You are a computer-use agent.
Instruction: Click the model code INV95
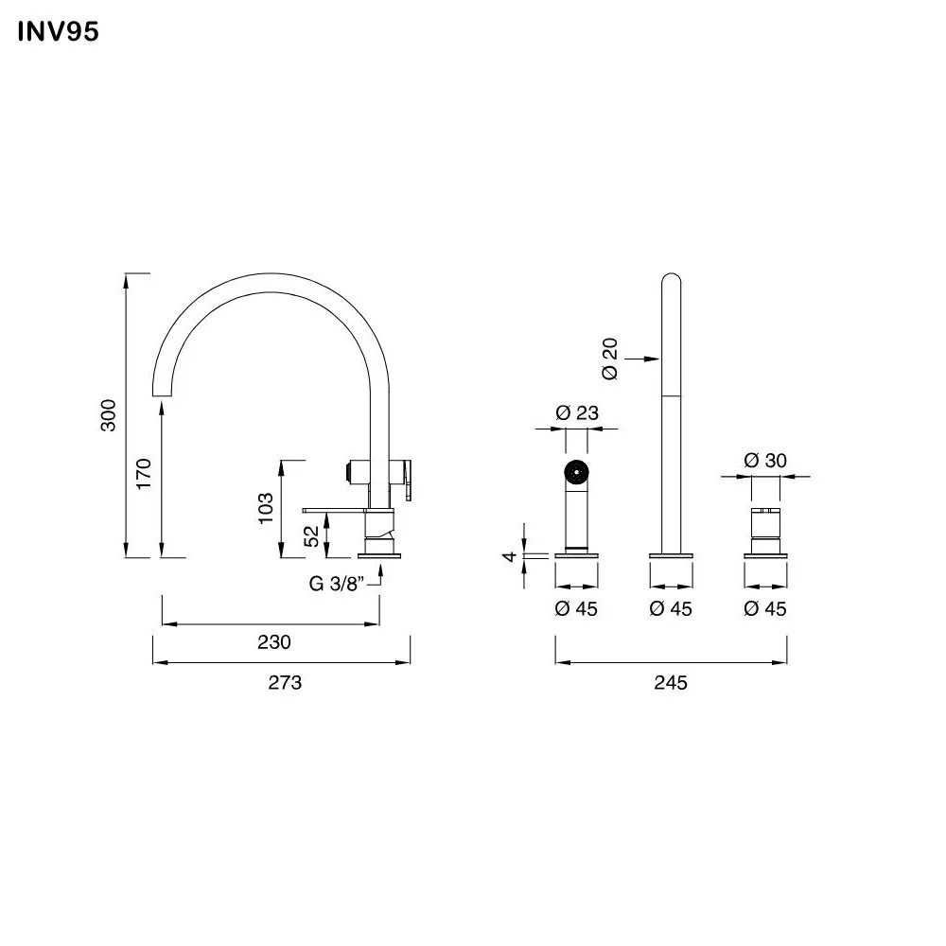(58, 32)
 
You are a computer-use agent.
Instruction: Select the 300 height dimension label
(110, 415)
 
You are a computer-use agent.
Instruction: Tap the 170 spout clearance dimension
(145, 473)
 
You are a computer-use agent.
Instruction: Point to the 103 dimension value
(266, 508)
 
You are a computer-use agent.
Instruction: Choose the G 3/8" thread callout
(338, 584)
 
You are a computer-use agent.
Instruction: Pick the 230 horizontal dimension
(273, 642)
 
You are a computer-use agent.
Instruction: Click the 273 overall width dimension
(285, 682)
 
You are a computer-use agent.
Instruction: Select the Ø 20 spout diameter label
(610, 359)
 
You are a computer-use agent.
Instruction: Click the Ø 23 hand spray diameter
(576, 412)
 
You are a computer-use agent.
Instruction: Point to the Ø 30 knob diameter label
(765, 461)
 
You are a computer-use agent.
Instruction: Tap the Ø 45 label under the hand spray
(576, 609)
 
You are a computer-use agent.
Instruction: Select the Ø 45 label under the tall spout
(671, 609)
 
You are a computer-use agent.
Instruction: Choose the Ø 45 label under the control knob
(765, 609)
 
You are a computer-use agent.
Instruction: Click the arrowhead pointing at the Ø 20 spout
(654, 358)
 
